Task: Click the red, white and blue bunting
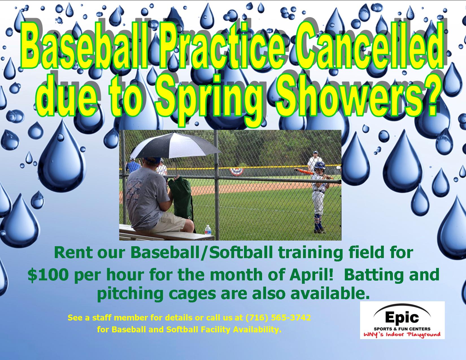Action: [x=236, y=172]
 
